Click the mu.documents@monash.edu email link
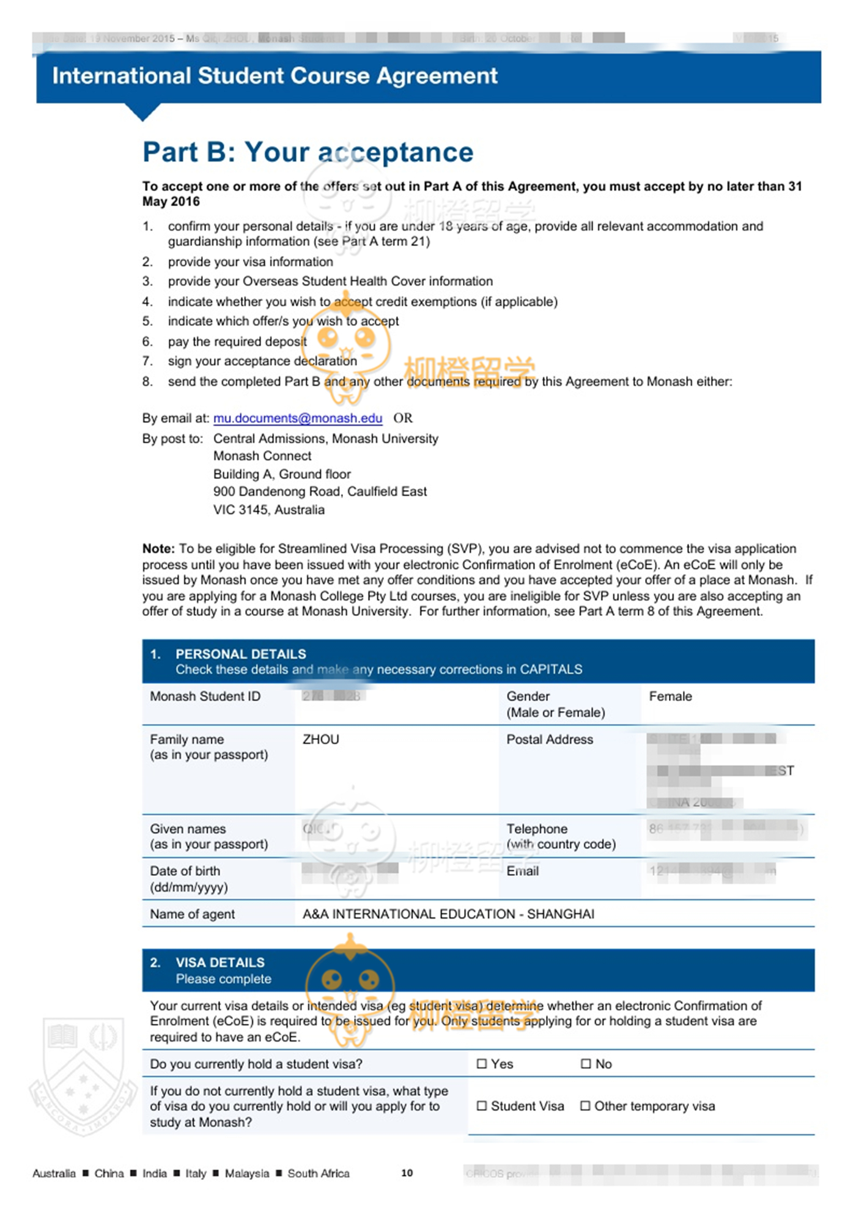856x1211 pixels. click(298, 418)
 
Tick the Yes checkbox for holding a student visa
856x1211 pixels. click(482, 1064)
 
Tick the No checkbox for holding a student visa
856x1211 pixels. click(586, 1064)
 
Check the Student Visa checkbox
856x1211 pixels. click(482, 1106)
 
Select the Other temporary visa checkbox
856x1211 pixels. click(585, 1106)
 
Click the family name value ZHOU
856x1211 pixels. click(320, 739)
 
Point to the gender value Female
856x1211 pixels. click(670, 696)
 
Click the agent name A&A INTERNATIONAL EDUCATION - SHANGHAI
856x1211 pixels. click(448, 914)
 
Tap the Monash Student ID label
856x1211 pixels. click(205, 696)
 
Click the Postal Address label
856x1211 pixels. click(550, 739)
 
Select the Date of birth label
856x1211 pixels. click(185, 871)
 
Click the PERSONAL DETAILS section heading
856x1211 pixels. click(240, 654)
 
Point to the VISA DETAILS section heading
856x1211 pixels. click(220, 962)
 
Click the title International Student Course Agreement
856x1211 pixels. click(275, 76)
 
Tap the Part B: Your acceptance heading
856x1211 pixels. click(308, 152)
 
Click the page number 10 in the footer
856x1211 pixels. click(407, 1172)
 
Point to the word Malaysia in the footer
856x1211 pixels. click(246, 1173)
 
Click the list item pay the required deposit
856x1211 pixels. click(237, 341)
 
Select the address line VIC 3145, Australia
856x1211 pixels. click(268, 509)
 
